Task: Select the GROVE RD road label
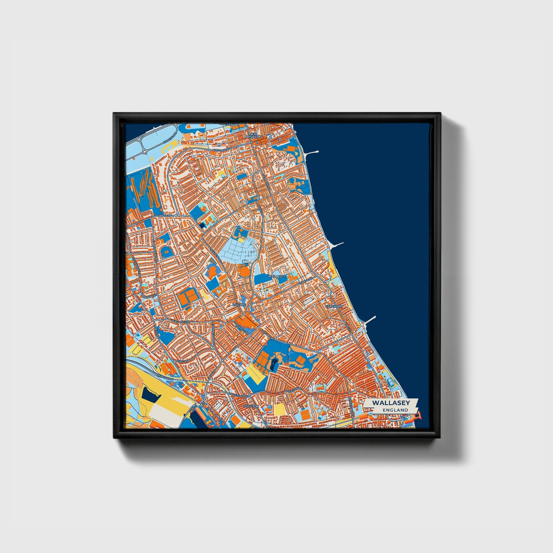tap(167, 215)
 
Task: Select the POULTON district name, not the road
tap(253, 406)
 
